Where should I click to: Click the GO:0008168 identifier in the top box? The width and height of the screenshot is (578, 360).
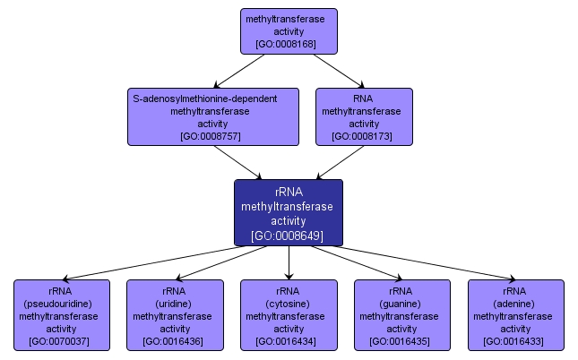(x=289, y=43)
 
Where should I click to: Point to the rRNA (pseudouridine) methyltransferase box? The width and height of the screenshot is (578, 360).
(x=62, y=314)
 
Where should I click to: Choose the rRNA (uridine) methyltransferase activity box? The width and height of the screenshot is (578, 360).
(x=175, y=314)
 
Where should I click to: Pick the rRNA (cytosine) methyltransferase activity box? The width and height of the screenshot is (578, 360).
(x=289, y=314)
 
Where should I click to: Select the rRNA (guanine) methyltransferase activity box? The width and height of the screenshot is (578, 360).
(x=402, y=314)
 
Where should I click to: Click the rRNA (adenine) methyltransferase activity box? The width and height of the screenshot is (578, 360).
(x=515, y=314)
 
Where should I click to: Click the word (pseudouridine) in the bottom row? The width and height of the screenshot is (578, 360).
(x=62, y=304)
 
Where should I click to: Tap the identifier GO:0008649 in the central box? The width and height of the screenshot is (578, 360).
(x=289, y=236)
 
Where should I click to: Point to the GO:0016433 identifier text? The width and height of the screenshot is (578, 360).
(x=515, y=341)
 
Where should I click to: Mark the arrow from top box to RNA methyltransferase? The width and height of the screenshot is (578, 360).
(x=339, y=71)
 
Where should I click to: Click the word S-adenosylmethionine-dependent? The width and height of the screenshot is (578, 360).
(x=204, y=99)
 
